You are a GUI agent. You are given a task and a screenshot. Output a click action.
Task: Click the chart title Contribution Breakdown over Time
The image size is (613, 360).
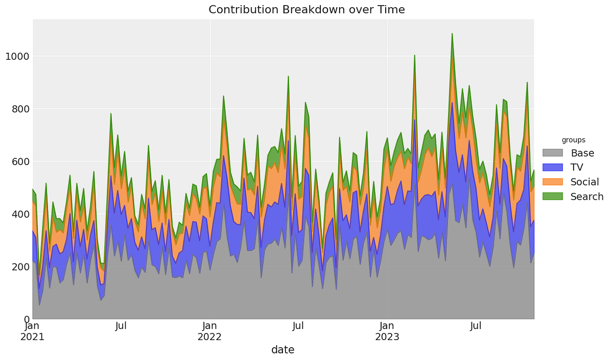(306, 10)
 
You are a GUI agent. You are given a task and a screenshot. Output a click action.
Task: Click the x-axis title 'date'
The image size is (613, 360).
(282, 350)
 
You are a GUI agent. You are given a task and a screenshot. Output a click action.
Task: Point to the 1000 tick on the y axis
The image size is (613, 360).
(16, 56)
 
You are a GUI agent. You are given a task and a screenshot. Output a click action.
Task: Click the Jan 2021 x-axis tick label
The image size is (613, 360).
(32, 331)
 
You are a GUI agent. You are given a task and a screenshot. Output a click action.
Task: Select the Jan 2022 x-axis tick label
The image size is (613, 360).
(209, 331)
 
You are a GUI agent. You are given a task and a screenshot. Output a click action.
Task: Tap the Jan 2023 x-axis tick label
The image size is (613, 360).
(387, 331)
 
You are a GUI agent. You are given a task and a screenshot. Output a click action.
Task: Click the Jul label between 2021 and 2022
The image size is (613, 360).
(121, 326)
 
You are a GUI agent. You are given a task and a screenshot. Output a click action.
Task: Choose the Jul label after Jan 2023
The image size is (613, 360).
(476, 326)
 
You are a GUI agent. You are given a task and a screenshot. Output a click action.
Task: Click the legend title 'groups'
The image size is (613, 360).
(573, 140)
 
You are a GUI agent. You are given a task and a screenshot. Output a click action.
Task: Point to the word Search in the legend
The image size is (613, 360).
(587, 197)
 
